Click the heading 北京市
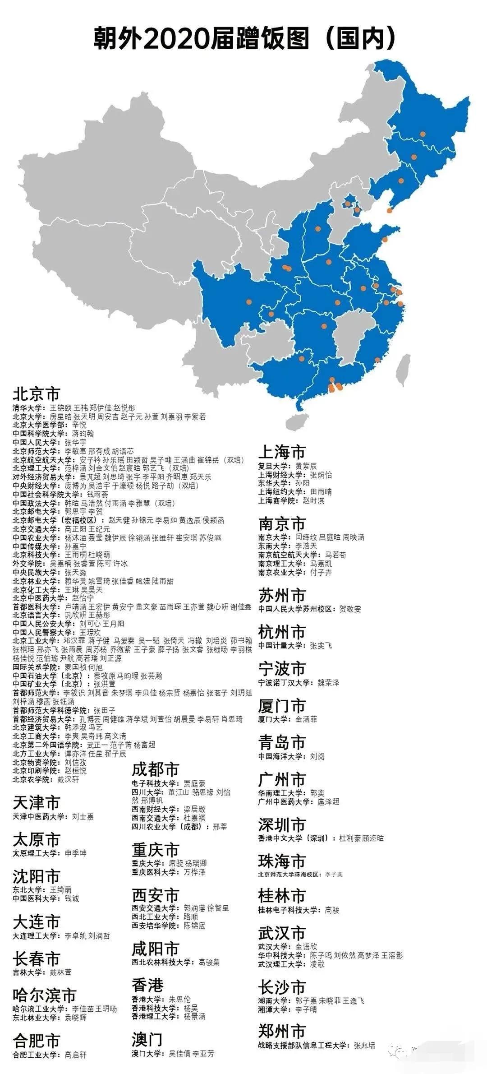(36, 394)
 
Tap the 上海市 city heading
(282, 452)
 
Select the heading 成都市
(155, 769)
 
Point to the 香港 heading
(147, 984)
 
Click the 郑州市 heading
(282, 1031)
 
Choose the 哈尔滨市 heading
(44, 995)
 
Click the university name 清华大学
(26, 407)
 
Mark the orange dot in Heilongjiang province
(423, 134)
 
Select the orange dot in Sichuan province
(248, 301)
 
